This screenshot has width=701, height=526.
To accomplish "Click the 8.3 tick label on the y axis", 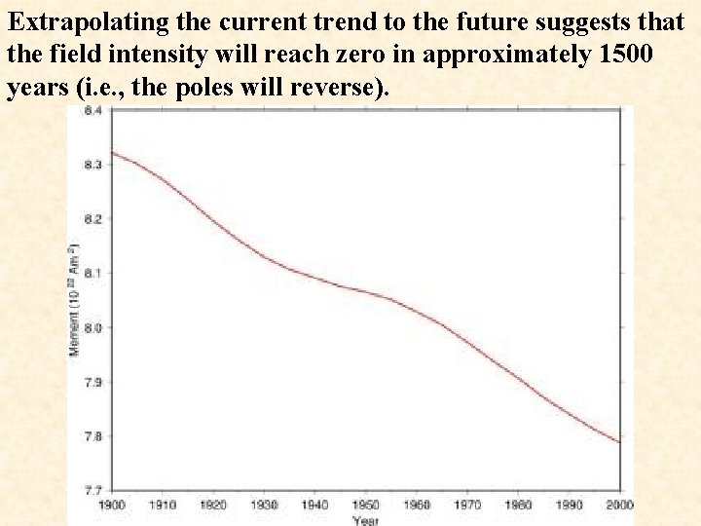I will [93, 165].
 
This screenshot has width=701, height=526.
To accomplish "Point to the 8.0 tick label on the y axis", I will [93, 327].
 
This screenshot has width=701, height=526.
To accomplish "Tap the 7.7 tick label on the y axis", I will [93, 489].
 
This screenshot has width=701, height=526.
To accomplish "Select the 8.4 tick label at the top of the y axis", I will [93, 111].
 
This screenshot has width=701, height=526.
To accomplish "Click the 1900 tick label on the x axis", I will [111, 505].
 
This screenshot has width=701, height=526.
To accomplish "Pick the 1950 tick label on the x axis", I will [366, 505].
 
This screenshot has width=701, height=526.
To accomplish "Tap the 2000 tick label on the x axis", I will [620, 505].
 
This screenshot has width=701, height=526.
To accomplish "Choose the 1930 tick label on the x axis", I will [264, 505].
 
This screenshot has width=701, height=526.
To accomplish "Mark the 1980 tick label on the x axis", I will [519, 505].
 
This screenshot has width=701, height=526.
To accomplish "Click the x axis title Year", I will [366, 520].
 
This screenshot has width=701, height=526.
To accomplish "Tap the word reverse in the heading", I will [333, 88].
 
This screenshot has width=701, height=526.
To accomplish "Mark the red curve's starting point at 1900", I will [112, 152].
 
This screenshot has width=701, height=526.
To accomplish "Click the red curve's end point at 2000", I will [620, 442].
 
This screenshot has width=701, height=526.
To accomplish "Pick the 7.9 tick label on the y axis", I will [93, 382].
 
